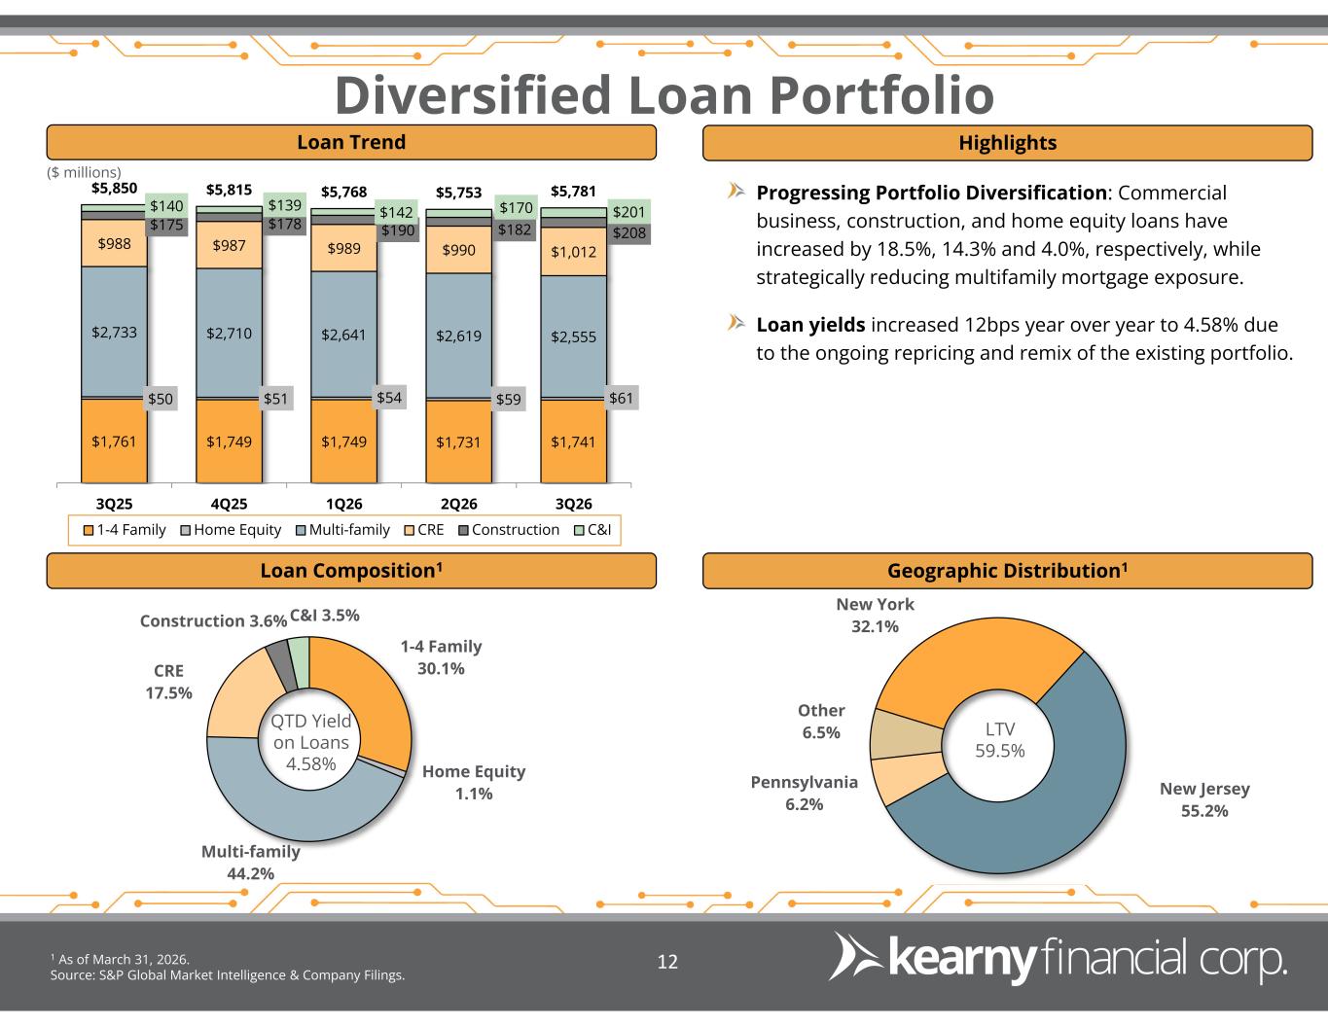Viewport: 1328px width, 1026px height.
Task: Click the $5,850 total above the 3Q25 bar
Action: pyautogui.click(x=114, y=188)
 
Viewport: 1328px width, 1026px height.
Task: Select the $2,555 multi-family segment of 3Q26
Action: pyautogui.click(x=573, y=336)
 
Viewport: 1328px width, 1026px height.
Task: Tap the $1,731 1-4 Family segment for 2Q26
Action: pyautogui.click(x=458, y=442)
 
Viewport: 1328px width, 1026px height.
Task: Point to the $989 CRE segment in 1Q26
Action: pyautogui.click(x=343, y=249)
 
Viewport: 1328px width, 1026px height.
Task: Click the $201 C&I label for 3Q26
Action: pyautogui.click(x=628, y=212)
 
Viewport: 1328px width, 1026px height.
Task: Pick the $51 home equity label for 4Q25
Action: pyautogui.click(x=275, y=399)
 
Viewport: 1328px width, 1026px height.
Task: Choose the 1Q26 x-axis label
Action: pyautogui.click(x=344, y=504)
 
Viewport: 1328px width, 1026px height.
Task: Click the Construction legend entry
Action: pyautogui.click(x=509, y=529)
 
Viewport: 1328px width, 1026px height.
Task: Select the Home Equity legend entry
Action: pyautogui.click(x=231, y=529)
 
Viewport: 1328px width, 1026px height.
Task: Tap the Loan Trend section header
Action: pyautogui.click(x=351, y=142)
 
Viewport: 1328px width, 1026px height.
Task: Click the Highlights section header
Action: pyautogui.click(x=1007, y=143)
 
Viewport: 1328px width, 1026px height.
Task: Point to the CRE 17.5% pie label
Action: pyautogui.click(x=168, y=682)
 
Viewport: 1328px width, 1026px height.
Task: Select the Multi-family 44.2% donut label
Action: pyautogui.click(x=251, y=863)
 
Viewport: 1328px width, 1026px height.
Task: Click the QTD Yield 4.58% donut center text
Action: pyautogui.click(x=311, y=742)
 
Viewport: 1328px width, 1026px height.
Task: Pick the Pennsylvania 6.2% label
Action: pyautogui.click(x=805, y=793)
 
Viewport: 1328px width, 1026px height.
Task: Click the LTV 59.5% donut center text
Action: pyautogui.click(x=1000, y=739)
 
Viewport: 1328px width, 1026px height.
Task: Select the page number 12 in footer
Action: pyautogui.click(x=667, y=962)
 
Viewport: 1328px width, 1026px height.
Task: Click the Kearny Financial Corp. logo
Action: pyautogui.click(x=1059, y=959)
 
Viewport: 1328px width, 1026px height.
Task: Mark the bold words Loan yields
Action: pyautogui.click(x=810, y=325)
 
